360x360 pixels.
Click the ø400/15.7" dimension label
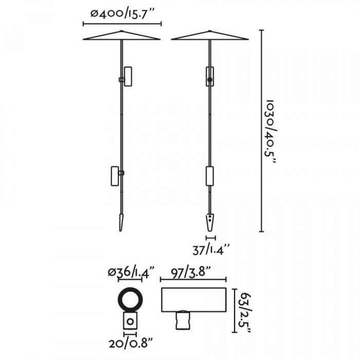pyautogui.click(x=122, y=14)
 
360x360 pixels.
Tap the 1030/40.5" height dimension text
pyautogui.click(x=270, y=131)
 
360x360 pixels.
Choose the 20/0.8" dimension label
pyautogui.click(x=131, y=343)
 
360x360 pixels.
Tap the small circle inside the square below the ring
pyautogui.click(x=130, y=321)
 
